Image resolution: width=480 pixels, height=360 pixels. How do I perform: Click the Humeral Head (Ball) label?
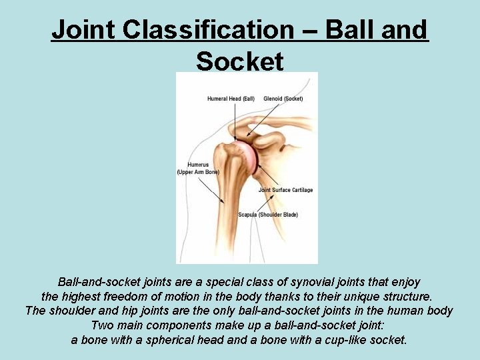click(231, 99)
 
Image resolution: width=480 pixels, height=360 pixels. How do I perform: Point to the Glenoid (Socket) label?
click(283, 99)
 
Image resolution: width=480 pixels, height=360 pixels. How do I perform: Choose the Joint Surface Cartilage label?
click(285, 190)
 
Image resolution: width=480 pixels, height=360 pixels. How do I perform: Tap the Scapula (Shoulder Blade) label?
click(268, 215)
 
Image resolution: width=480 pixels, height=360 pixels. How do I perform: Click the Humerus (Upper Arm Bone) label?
click(198, 168)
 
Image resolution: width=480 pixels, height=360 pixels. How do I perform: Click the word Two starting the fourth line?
click(101, 325)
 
